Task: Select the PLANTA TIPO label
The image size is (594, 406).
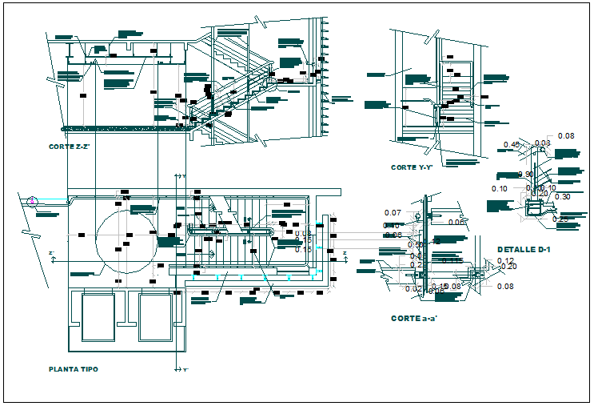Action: (74, 369)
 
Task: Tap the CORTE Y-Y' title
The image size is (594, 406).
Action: (412, 167)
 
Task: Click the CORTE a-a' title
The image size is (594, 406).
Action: (413, 318)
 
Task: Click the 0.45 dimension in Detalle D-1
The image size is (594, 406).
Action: (512, 145)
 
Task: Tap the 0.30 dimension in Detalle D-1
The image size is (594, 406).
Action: (562, 197)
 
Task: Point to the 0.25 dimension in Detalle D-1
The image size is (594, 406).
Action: (560, 219)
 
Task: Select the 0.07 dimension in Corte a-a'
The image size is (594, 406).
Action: (392, 212)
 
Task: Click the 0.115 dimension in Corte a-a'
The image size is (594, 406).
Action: (452, 261)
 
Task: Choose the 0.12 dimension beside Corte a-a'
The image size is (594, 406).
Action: (504, 261)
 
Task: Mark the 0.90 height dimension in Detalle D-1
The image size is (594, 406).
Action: (526, 175)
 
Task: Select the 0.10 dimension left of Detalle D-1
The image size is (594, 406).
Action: (500, 189)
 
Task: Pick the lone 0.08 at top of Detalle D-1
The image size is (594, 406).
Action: (565, 135)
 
